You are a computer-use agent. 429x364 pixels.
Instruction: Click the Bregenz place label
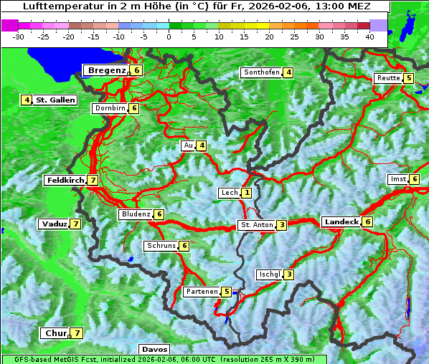coord(106,70)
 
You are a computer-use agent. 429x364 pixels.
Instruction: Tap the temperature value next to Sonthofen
coord(288,72)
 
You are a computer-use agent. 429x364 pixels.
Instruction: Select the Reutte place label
coord(387,78)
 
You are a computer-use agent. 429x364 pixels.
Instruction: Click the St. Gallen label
coord(55,100)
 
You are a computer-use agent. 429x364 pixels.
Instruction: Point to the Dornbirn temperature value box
coord(134,108)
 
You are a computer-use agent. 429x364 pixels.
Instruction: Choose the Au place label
coord(188,145)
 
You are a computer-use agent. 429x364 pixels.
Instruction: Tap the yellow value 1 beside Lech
coord(247,193)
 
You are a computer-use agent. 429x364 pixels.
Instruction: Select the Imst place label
coord(397,178)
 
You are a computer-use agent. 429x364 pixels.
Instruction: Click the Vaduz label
coord(54,224)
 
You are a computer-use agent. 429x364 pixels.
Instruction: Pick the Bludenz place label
coord(135,214)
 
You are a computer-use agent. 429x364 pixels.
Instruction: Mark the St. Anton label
coord(257,225)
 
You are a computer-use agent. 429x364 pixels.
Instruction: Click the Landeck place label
coord(341,222)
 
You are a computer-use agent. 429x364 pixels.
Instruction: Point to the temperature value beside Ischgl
coord(288,274)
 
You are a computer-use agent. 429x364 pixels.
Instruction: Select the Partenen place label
coord(201,292)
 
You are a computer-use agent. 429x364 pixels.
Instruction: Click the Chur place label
coord(55,333)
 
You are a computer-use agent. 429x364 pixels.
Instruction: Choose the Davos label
coord(154,350)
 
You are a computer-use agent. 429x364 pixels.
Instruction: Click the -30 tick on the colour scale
coord(19,36)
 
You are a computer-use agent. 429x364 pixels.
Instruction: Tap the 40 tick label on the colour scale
coord(369,36)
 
